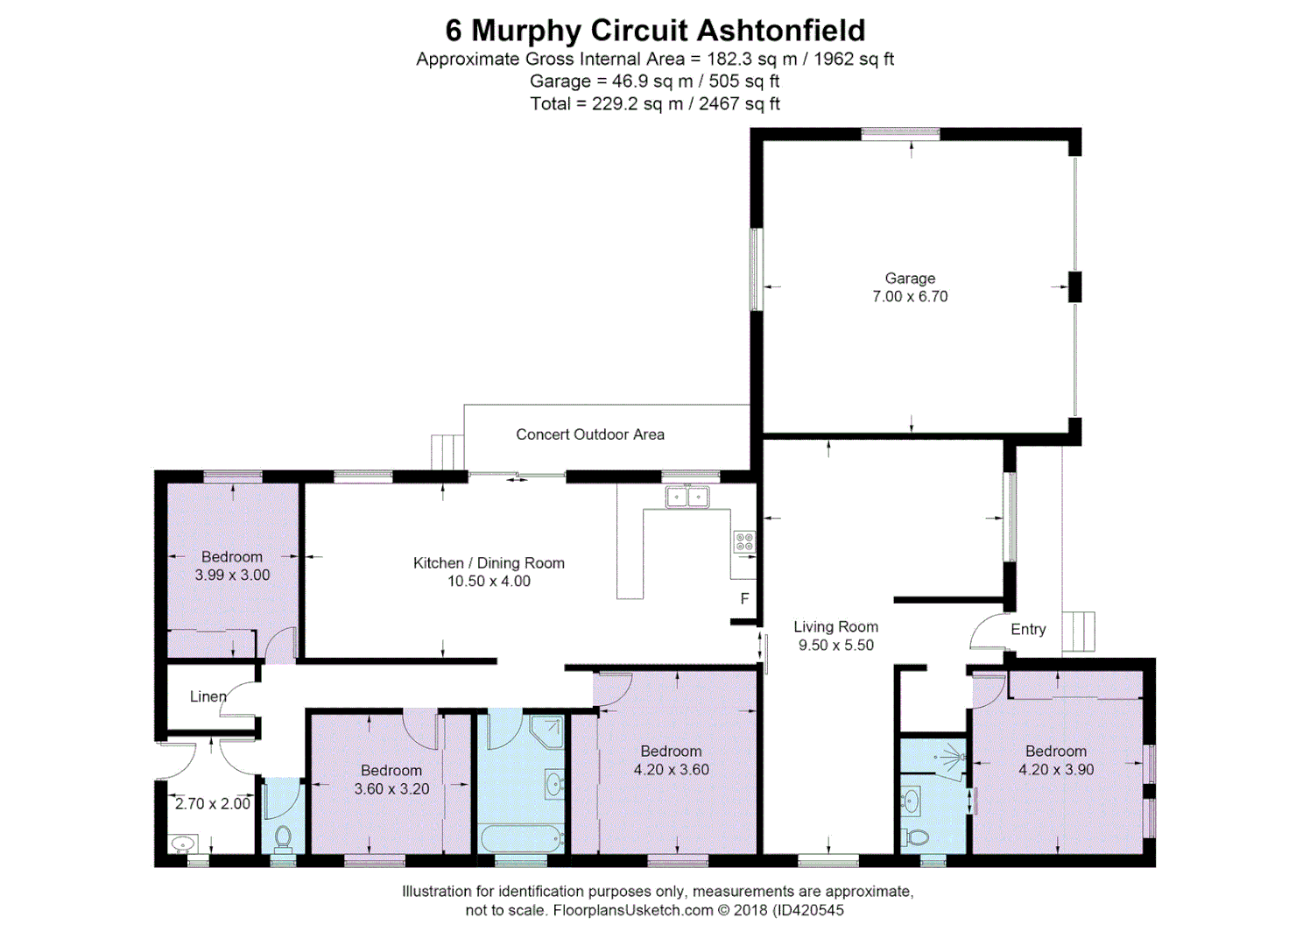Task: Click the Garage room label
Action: pos(910,279)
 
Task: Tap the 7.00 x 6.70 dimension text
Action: pos(910,297)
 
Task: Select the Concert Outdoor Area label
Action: pos(589,434)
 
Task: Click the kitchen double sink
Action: pos(687,498)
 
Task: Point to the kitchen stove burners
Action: pos(743,541)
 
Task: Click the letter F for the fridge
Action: pos(744,599)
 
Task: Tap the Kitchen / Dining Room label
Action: pos(489,563)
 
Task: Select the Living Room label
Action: pos(835,627)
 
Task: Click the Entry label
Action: pos(1028,630)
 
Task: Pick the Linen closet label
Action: pos(208,697)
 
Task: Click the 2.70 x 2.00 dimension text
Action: pos(212,804)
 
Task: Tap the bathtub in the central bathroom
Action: pos(520,838)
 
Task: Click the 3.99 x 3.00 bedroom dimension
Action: pos(232,575)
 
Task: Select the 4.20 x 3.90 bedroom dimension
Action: pos(1055,770)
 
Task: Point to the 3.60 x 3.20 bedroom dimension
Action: pos(391,789)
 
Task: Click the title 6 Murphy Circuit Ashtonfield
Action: pos(655,31)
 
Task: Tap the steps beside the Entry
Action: pos(1078,632)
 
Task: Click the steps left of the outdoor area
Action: pos(447,452)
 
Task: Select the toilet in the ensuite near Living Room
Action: pos(916,837)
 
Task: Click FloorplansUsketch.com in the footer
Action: pos(633,911)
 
